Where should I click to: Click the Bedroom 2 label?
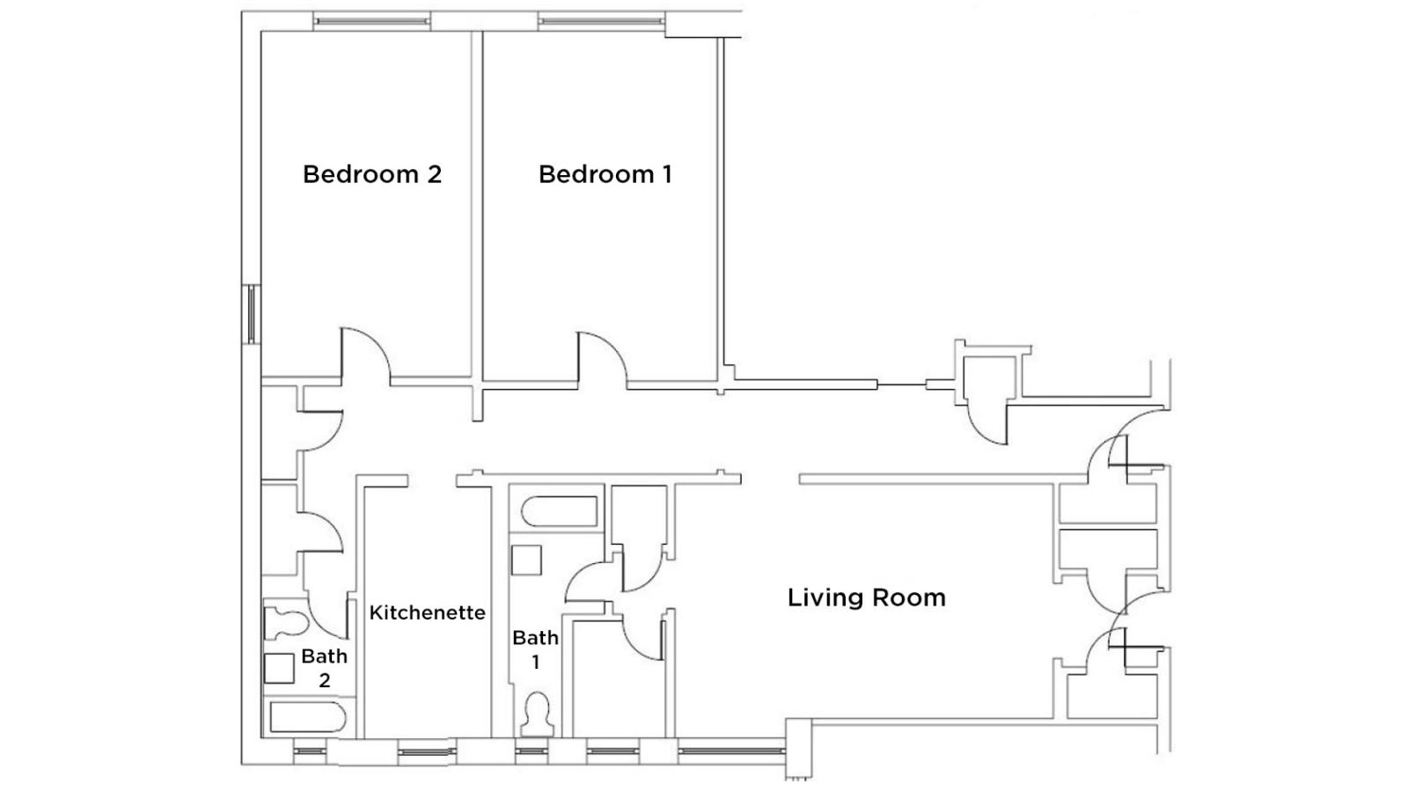pos(371,174)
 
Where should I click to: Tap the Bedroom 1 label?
pos(605,174)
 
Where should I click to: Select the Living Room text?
pos(866,598)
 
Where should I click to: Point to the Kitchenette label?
pos(427,612)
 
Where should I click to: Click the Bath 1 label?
pos(535,649)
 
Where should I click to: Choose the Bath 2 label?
pos(324,668)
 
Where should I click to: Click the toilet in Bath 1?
pos(536,713)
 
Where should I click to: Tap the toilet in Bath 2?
pos(284,623)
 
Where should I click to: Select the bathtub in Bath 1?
pos(560,512)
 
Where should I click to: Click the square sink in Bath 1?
pos(526,561)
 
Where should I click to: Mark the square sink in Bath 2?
pos(279,668)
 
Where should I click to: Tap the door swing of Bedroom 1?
pos(602,357)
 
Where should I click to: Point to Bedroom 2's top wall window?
pos(371,22)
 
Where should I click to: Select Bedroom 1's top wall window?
pos(601,21)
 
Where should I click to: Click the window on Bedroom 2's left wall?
pos(251,314)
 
